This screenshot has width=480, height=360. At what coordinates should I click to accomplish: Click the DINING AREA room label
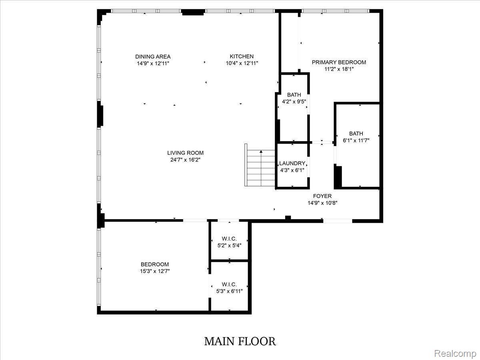[153, 57]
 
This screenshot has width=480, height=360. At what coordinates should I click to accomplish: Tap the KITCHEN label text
[242, 56]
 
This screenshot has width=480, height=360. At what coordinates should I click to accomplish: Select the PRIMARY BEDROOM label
[339, 62]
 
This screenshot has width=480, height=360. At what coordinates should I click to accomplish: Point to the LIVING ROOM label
[186, 153]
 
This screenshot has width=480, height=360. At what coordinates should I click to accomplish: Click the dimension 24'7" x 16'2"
[186, 160]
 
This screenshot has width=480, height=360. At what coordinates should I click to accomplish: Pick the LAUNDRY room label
[292, 163]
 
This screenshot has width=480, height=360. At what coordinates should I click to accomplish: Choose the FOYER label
[322, 196]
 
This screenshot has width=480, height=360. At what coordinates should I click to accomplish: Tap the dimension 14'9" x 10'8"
[322, 203]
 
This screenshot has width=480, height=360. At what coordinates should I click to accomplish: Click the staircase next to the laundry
[260, 165]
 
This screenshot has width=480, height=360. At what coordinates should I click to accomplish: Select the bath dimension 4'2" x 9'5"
[294, 102]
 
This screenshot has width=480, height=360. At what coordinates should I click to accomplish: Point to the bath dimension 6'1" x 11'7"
[356, 140]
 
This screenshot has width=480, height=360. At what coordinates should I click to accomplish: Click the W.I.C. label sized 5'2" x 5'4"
[229, 239]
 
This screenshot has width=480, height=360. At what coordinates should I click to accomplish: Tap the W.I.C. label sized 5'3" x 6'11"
[229, 284]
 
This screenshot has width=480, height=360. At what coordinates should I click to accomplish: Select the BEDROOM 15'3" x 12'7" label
[155, 264]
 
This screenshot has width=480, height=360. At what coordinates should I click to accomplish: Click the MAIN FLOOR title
[240, 342]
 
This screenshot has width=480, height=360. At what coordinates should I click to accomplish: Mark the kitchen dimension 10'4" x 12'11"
[242, 63]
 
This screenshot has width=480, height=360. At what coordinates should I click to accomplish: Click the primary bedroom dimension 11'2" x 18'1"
[339, 69]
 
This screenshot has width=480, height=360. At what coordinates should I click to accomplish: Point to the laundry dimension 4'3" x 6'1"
[292, 170]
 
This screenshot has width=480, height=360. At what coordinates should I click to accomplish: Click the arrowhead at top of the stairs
[261, 152]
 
